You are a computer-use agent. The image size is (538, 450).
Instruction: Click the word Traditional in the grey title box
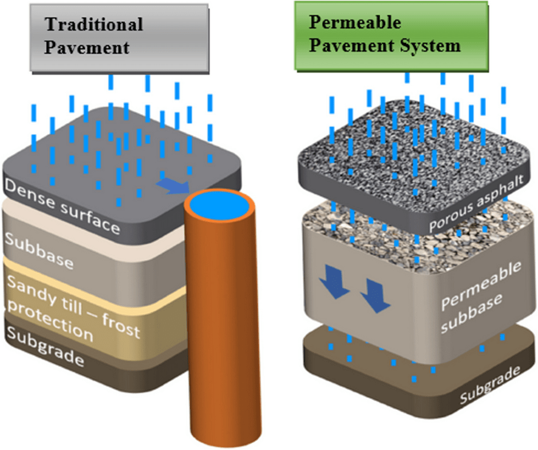94,25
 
